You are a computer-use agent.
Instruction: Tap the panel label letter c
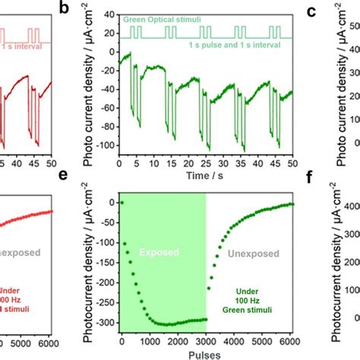311,10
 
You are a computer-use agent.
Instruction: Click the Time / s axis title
207,175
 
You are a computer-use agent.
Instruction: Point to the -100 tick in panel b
109,146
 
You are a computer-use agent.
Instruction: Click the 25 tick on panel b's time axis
206,162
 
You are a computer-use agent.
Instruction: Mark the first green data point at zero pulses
121,203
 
